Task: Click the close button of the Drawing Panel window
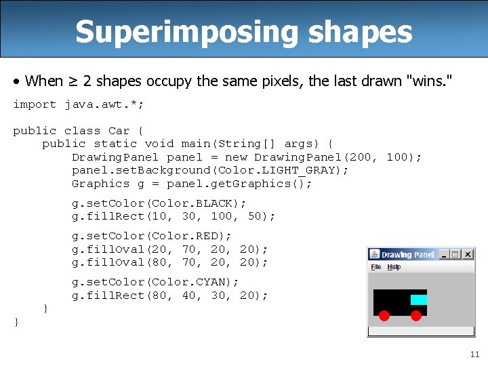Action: point(467,254)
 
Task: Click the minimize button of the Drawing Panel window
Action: point(444,254)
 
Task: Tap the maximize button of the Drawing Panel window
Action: point(455,254)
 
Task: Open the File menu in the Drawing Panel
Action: point(376,267)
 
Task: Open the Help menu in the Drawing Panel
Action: point(394,267)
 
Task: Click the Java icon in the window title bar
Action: point(374,255)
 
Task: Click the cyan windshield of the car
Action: point(419,300)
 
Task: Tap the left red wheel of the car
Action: point(384,315)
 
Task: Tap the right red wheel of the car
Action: point(416,315)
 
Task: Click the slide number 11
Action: point(474,354)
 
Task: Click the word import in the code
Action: point(35,104)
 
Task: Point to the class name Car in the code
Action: point(119,131)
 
